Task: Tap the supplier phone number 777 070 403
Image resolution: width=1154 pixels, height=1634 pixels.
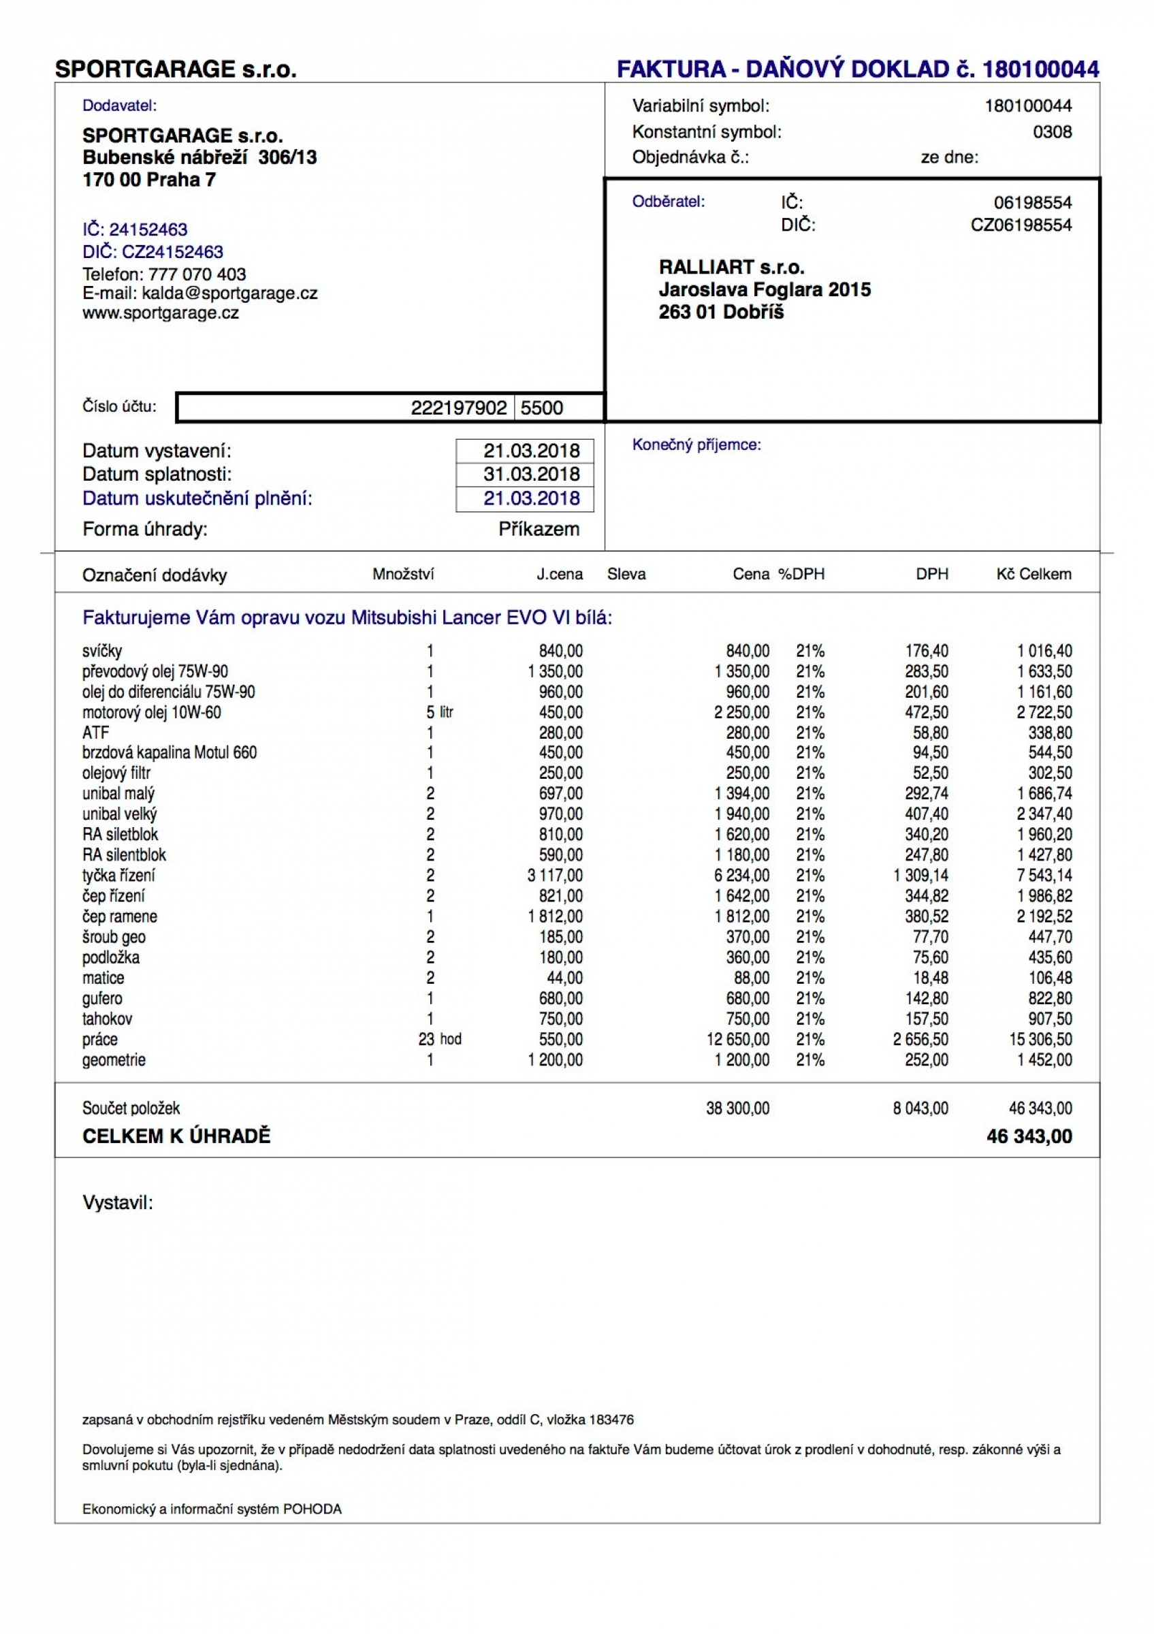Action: pos(197,274)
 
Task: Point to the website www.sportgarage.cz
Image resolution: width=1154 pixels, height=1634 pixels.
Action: pos(160,313)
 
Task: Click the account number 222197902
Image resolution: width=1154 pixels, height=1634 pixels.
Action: pos(458,408)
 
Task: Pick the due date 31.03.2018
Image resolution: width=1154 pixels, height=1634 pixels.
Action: pos(532,474)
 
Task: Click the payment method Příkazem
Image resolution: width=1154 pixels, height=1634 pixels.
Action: pos(539,529)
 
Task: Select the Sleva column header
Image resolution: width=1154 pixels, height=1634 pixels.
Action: pos(626,575)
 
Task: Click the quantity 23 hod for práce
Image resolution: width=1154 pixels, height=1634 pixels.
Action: pos(440,1039)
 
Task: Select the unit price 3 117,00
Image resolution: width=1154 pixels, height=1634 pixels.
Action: pos(555,876)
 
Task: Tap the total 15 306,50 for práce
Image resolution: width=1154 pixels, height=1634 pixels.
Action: pos(1040,1039)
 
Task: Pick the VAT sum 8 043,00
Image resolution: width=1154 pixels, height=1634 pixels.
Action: pos(920,1108)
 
